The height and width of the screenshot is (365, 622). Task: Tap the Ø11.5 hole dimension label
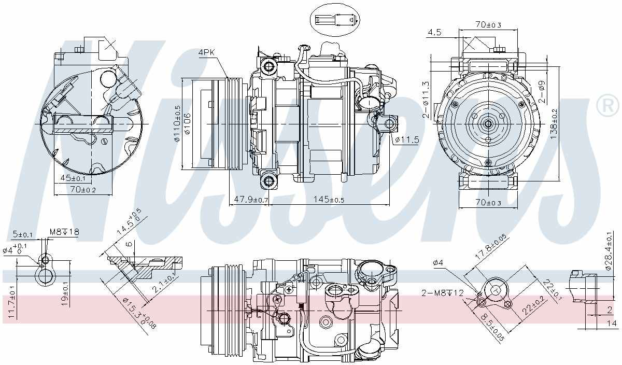407,139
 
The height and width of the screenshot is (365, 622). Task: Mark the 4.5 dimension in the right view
434,32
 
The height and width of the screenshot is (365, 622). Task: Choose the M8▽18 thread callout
64,232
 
